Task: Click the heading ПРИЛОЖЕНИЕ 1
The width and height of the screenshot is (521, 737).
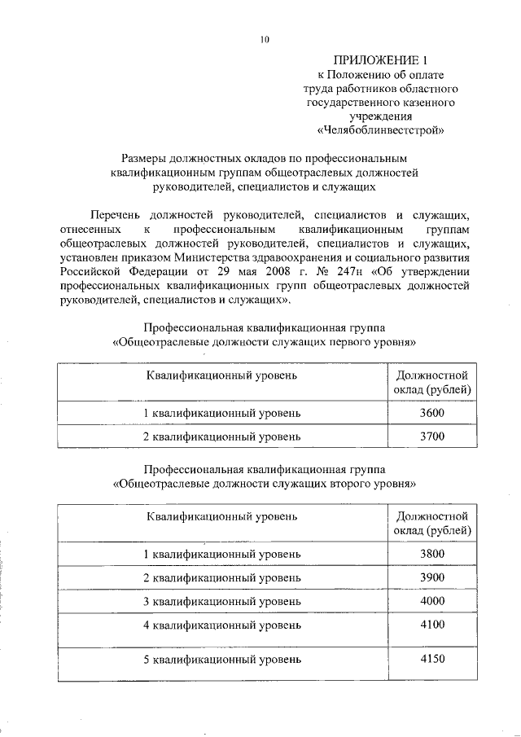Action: point(380,60)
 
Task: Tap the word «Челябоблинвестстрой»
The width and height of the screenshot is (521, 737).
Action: point(380,129)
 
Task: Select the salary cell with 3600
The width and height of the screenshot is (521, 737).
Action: point(431,414)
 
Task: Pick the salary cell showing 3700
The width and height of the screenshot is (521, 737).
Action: point(431,436)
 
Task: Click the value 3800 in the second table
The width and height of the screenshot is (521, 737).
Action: point(431,554)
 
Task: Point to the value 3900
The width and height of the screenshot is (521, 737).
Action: point(431,577)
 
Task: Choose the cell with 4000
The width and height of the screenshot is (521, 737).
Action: point(431,601)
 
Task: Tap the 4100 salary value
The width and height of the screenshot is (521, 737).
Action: point(431,625)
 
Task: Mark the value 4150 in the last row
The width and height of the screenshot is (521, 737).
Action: point(431,660)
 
